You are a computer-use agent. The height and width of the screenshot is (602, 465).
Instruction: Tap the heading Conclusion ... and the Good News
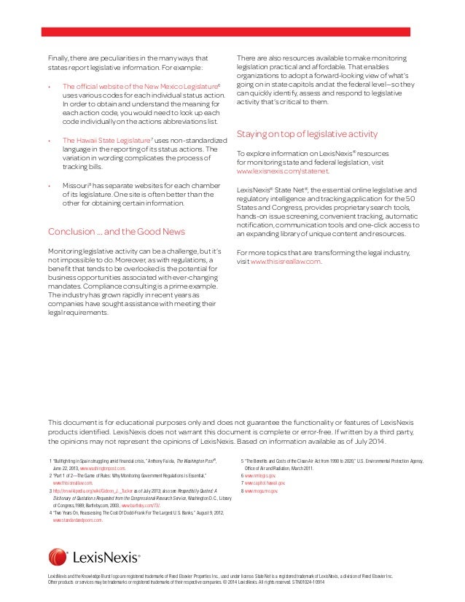coord(116,232)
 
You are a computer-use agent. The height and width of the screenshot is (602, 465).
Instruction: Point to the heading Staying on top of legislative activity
coord(307,134)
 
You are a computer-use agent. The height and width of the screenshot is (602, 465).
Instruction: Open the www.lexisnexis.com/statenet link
coord(283,171)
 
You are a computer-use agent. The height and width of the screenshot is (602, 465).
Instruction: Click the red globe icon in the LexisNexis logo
coord(58,557)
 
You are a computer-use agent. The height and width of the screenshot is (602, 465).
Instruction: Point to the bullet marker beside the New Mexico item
coord(49,86)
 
